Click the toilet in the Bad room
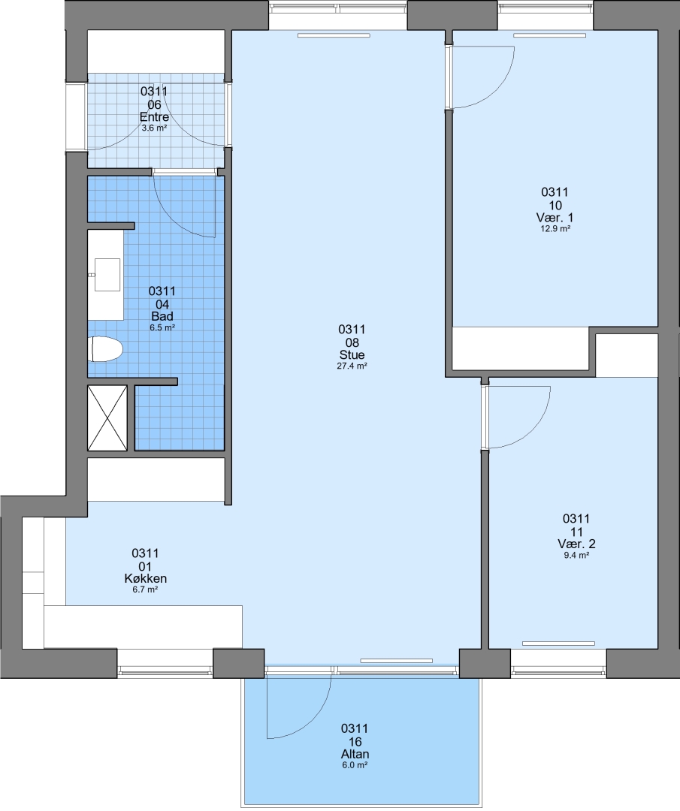[x=106, y=349]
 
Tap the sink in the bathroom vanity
[x=107, y=275]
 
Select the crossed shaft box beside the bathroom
[x=107, y=418]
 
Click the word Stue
[x=352, y=354]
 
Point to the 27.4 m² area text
[x=352, y=366]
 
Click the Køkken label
[x=146, y=578]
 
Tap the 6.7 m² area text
[x=146, y=589]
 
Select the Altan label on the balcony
[x=355, y=754]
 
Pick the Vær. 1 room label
[x=555, y=217]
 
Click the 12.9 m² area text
[x=555, y=228]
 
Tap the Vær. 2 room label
[x=576, y=544]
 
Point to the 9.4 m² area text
[x=576, y=555]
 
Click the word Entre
[x=154, y=117]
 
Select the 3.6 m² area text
[x=154, y=128]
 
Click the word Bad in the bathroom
[x=162, y=316]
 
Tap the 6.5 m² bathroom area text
[x=162, y=327]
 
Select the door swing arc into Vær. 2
[x=533, y=431]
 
